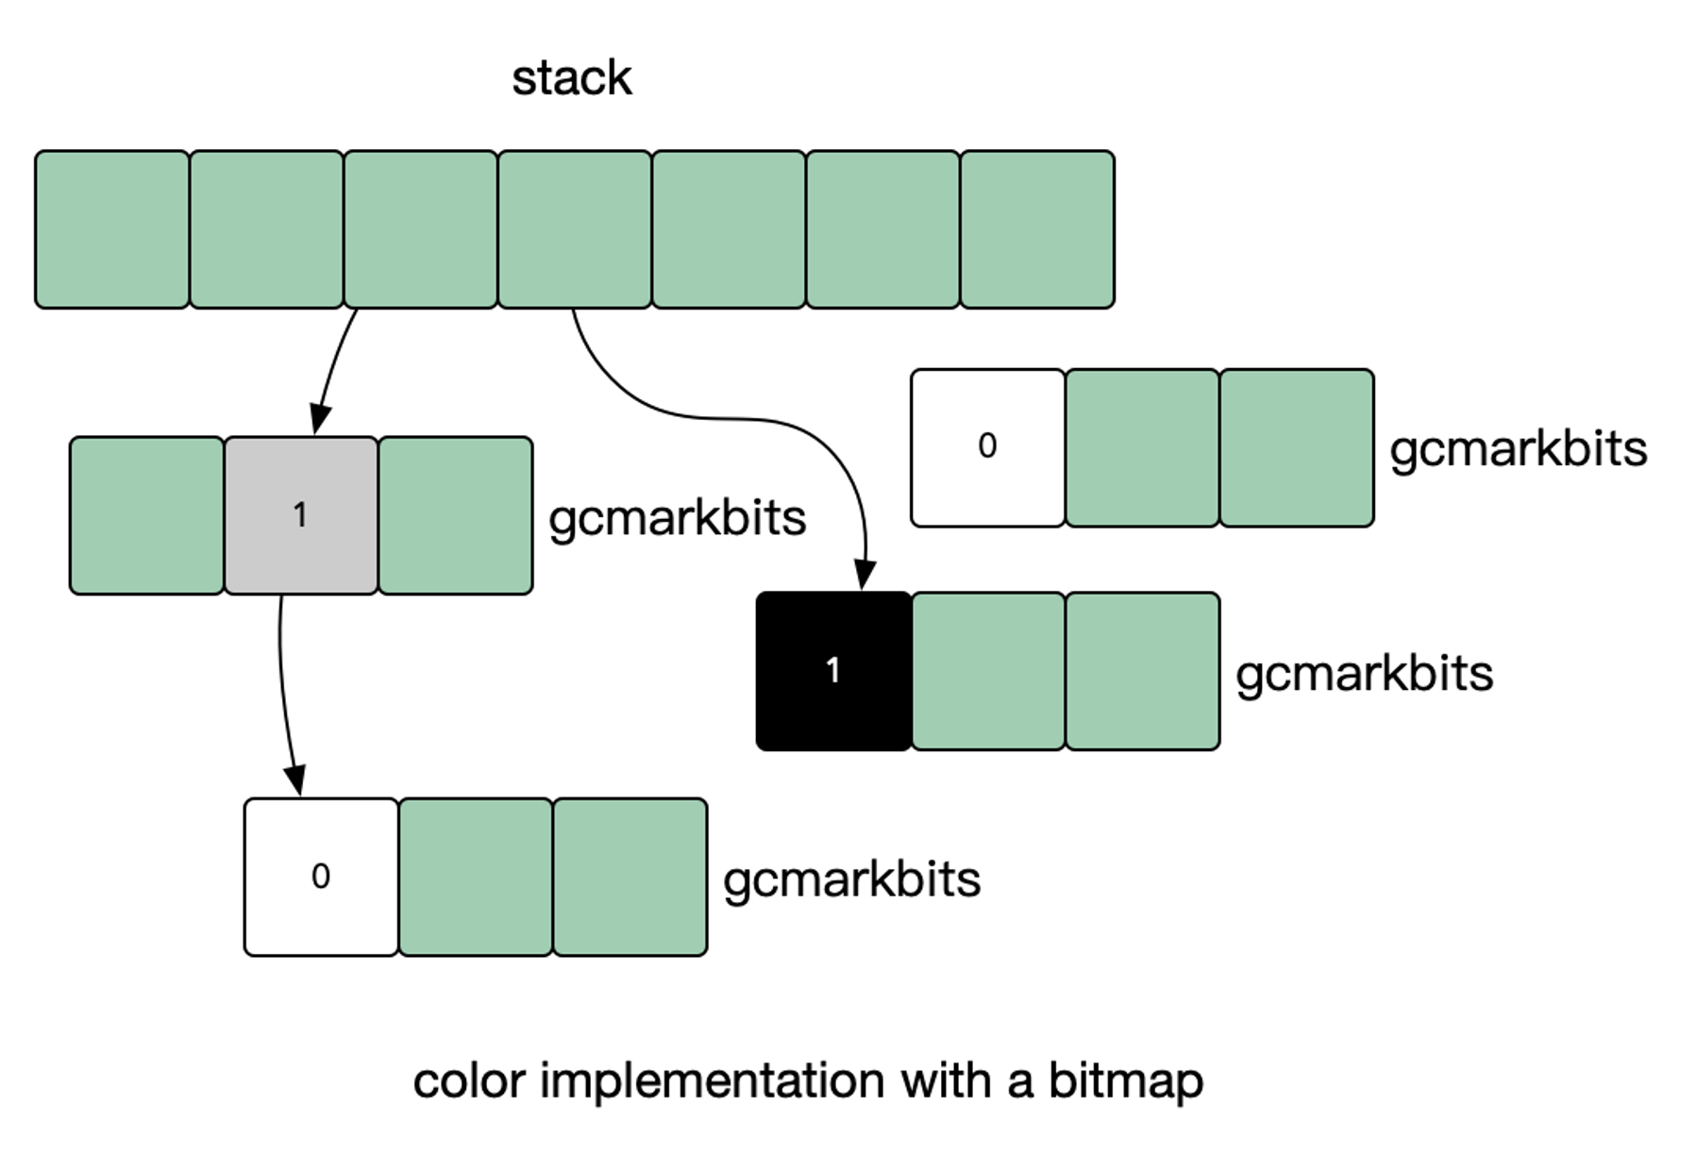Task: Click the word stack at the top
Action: point(571,77)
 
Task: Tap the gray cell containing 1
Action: point(301,515)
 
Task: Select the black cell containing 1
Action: point(833,671)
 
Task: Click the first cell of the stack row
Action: point(112,229)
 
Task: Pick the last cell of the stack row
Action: point(1037,229)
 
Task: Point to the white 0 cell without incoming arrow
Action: point(987,447)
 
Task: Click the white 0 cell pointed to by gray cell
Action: point(321,877)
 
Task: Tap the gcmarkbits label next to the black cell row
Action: point(1364,674)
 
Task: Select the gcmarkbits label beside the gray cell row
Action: point(677,518)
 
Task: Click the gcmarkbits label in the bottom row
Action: point(851,880)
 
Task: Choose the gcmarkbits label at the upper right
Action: point(1518,449)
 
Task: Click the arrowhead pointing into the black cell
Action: point(865,575)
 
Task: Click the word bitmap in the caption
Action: point(1125,1081)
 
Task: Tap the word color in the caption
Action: point(468,1081)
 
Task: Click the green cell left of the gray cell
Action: point(146,515)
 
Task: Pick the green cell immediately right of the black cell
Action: point(988,671)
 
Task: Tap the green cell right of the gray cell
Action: point(455,515)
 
